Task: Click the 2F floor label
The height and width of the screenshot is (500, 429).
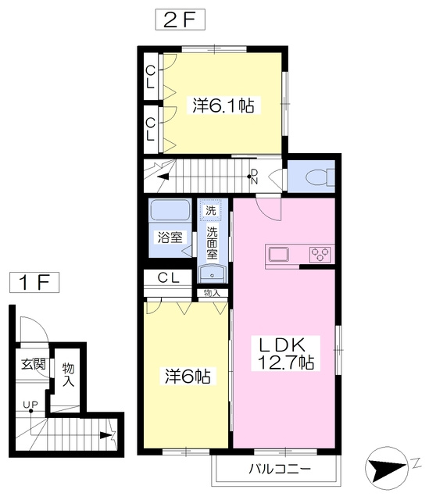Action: coord(180,20)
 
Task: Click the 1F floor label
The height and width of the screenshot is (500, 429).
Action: coord(34,282)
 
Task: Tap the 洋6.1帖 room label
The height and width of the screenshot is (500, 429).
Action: coord(223,105)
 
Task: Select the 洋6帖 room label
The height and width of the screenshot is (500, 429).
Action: coord(188,376)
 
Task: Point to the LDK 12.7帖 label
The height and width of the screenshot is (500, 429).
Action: coord(285,353)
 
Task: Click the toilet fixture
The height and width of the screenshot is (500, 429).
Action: coord(320,177)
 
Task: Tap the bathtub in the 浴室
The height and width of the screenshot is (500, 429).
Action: coord(170,209)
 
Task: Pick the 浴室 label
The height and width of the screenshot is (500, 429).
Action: coord(170,237)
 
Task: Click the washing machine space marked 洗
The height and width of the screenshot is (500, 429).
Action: coord(210,210)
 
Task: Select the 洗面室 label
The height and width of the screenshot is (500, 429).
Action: coord(212,243)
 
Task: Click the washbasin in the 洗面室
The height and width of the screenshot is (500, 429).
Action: coord(212,273)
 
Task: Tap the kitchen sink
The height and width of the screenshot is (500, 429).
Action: coord(279,255)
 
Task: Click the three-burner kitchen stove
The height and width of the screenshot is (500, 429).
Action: coord(320,255)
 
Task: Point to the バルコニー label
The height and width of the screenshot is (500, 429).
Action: coord(280,469)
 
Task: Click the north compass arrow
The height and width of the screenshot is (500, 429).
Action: coord(387,468)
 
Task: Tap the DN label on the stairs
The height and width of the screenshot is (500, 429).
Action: coord(254,177)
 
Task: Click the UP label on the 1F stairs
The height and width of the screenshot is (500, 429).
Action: coord(30,405)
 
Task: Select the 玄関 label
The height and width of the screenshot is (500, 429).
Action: coord(33,364)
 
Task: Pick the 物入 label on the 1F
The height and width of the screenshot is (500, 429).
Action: coord(68,374)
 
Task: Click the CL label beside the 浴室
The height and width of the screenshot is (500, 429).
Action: coord(169,278)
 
